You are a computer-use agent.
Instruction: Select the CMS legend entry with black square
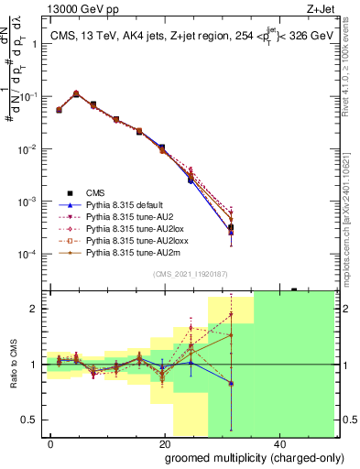click(96, 192)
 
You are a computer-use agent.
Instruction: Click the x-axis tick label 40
click(278, 442)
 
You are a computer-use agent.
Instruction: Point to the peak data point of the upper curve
click(76, 93)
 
